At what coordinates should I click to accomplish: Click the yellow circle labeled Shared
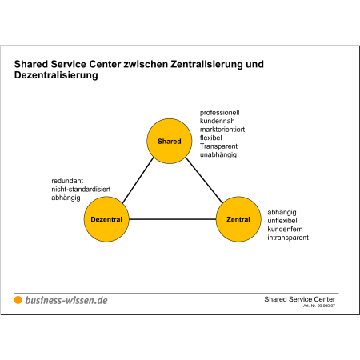(x=170, y=141)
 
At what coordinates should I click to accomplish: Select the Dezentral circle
(x=106, y=219)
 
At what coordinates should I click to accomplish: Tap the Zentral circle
(x=238, y=219)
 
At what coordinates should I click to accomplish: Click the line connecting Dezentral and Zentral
(x=172, y=219)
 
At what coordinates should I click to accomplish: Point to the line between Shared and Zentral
(x=204, y=180)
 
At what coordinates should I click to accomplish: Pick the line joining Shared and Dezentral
(x=138, y=180)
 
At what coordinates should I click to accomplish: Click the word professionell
(x=219, y=113)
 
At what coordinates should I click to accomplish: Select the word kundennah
(x=217, y=121)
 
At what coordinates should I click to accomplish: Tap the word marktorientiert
(x=222, y=130)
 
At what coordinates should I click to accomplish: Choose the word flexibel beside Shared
(x=210, y=138)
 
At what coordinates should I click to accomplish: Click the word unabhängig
(x=218, y=154)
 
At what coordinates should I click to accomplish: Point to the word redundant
(x=67, y=181)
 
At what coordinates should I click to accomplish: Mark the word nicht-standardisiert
(x=81, y=190)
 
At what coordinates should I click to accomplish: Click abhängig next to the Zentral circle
(x=282, y=212)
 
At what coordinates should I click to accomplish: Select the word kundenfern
(x=285, y=229)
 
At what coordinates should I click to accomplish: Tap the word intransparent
(x=288, y=238)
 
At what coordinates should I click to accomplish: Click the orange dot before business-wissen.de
(x=18, y=300)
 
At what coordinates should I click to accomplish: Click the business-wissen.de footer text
(x=66, y=300)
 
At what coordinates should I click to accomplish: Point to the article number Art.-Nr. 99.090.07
(x=319, y=306)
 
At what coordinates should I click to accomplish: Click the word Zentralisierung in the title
(x=206, y=64)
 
